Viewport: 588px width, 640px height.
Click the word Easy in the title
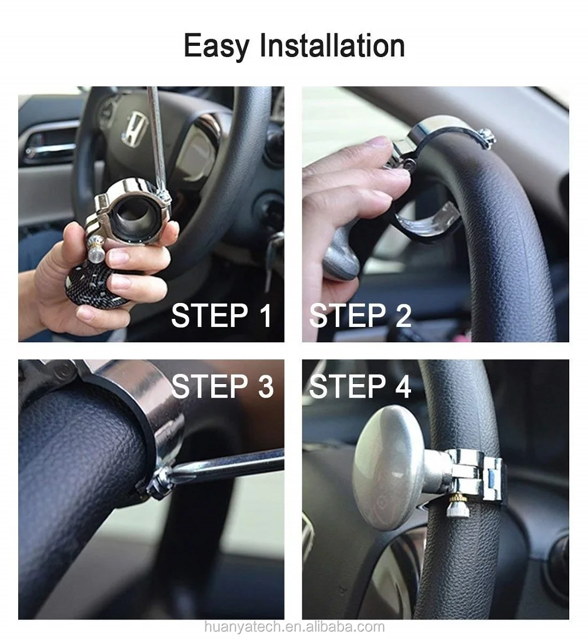[216, 46]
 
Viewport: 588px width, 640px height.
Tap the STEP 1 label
[221, 315]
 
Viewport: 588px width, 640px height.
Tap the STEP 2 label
[360, 315]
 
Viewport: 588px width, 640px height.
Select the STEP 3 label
[222, 386]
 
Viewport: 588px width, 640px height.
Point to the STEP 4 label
[360, 386]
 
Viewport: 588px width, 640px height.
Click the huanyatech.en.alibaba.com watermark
[294, 626]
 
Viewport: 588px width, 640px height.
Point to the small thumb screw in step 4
[455, 507]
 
